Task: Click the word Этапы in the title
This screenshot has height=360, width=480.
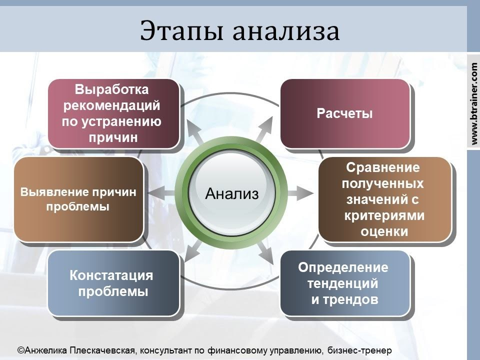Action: [x=175, y=31]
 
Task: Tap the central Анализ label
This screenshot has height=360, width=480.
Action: [x=232, y=193]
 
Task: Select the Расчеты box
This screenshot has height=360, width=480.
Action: [x=344, y=113]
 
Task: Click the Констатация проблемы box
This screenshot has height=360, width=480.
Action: [x=113, y=283]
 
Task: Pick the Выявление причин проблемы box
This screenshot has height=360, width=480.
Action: [x=78, y=199]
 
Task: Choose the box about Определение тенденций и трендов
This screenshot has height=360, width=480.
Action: [x=344, y=283]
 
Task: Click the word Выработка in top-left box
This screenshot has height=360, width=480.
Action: [x=112, y=90]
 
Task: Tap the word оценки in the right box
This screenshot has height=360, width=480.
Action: [x=384, y=231]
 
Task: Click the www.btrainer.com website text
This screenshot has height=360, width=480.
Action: [x=474, y=100]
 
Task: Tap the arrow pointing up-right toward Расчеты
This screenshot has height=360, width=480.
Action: [x=265, y=131]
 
